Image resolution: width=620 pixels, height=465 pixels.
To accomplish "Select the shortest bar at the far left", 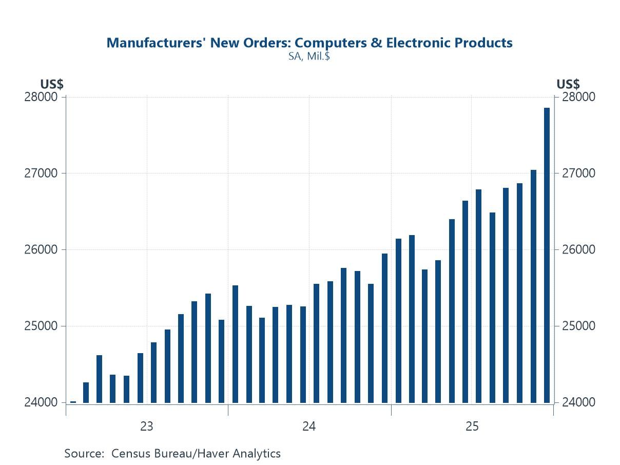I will [73, 402].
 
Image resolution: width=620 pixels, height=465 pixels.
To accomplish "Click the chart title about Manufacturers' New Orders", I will [309, 43].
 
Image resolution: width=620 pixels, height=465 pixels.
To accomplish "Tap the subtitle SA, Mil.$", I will [309, 56].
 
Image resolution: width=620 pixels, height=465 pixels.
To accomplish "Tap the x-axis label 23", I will [147, 427].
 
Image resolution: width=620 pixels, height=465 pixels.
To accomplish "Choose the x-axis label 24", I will [309, 427].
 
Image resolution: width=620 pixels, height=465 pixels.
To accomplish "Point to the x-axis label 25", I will [472, 427].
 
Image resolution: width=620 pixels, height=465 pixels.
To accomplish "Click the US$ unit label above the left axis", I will [52, 84].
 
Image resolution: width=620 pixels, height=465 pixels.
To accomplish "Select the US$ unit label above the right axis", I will [568, 84].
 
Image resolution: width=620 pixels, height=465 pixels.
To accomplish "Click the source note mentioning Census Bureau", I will [172, 454].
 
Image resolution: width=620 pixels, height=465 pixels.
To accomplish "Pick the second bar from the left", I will [86, 393].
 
